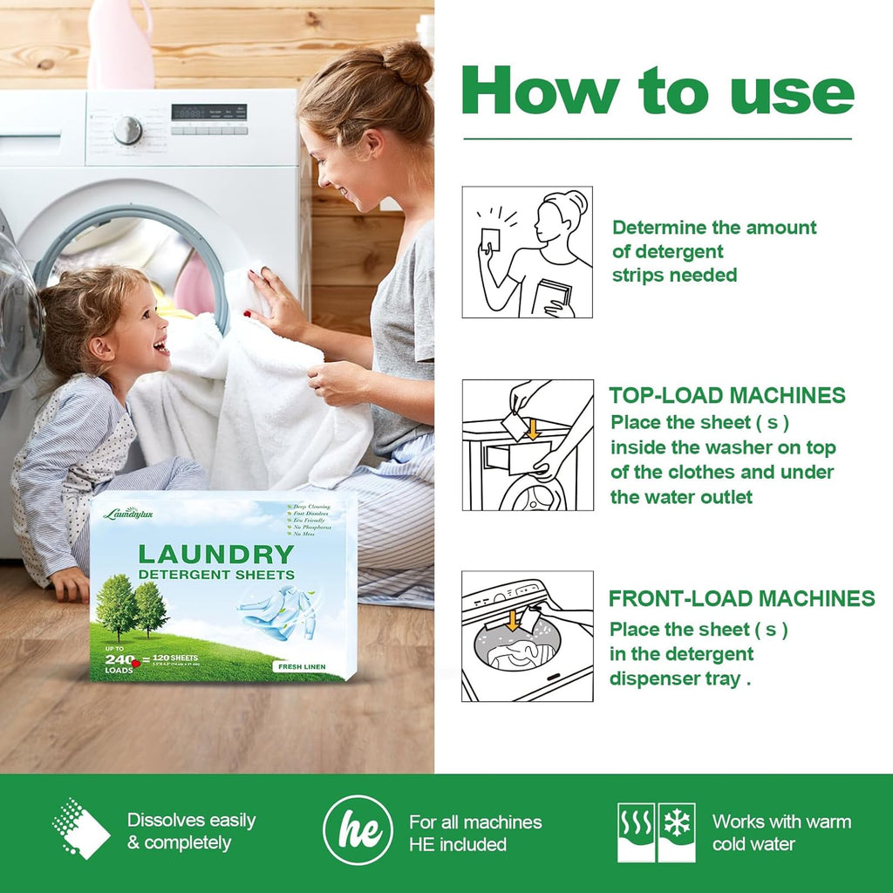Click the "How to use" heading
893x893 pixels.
click(x=657, y=92)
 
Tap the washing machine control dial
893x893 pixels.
click(x=127, y=129)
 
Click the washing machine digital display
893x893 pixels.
click(x=208, y=112)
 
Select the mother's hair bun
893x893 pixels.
click(x=407, y=63)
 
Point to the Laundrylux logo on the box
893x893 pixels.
click(x=128, y=514)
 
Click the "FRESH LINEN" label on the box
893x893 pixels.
click(x=299, y=666)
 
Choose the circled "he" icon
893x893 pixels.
click(x=358, y=831)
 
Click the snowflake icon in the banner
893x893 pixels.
click(x=677, y=821)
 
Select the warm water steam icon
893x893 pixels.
click(x=636, y=821)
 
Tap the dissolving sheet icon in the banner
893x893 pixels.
click(x=81, y=828)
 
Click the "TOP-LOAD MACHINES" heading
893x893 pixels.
click(x=727, y=395)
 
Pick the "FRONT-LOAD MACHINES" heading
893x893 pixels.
click(x=741, y=598)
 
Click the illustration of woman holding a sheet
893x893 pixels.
click(x=527, y=252)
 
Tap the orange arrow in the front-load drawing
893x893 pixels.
click(x=513, y=620)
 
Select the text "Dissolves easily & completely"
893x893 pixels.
click(x=192, y=831)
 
